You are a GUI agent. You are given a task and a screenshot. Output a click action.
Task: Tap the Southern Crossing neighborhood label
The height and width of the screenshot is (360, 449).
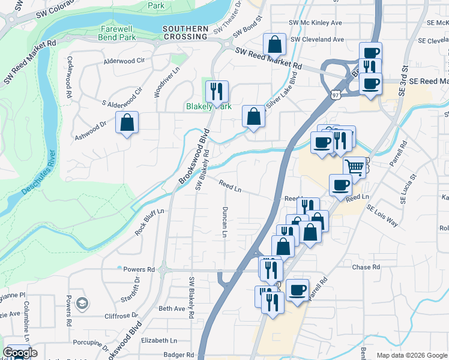pos(185,32)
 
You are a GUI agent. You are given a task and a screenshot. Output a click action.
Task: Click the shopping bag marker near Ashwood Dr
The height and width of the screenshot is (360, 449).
pos(127,123)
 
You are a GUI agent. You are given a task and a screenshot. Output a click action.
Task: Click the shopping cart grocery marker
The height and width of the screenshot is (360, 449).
pos(355,168)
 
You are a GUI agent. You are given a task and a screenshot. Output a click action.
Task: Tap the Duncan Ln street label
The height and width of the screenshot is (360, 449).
pos(224,222)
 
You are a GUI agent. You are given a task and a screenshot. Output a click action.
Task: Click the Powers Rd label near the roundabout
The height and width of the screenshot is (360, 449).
pos(135,269)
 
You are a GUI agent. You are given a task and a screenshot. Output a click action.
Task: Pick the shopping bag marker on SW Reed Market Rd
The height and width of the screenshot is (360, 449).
pos(274,44)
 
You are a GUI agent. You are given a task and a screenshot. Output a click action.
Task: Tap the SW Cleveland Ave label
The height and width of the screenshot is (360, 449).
pos(316,40)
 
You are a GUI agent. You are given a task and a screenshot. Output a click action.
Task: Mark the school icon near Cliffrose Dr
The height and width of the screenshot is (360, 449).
pos(81,304)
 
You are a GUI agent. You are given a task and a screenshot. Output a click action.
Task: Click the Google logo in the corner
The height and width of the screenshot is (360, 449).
pos(20,353)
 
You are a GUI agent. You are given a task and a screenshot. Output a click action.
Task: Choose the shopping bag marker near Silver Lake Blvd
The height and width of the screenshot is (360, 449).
pos(254,116)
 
